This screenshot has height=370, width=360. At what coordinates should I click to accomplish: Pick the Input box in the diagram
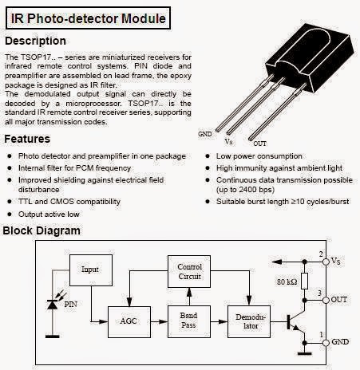pos(90,270)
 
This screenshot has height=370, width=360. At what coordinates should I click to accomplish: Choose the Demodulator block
pos(249,322)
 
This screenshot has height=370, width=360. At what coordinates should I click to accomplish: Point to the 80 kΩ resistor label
pos(288,281)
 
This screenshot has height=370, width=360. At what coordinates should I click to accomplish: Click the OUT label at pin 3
pos(339,299)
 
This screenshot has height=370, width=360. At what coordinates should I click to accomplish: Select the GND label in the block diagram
pos(339,342)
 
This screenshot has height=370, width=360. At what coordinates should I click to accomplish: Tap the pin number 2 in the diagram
pos(321,254)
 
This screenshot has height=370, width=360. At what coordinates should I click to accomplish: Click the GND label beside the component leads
pos(204,135)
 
